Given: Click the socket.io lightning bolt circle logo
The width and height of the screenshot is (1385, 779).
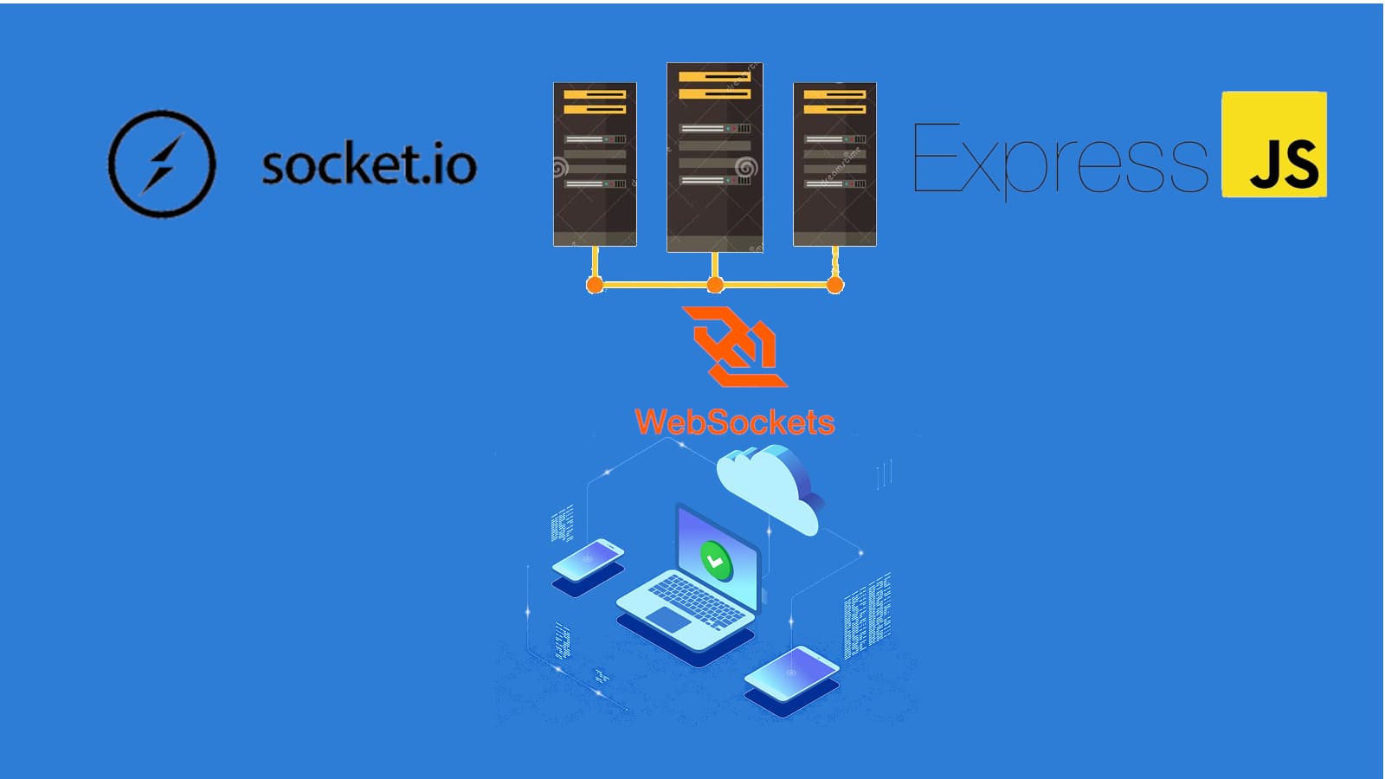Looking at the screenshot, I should (161, 164).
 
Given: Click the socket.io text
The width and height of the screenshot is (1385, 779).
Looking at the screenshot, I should (369, 164).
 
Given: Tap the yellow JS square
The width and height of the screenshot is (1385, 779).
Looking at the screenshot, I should (1273, 145).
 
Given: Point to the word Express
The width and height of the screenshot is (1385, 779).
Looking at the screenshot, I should (1060, 159).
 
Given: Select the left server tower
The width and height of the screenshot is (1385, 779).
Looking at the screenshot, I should (595, 164).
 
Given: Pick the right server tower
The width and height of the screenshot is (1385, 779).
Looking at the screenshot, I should (834, 164).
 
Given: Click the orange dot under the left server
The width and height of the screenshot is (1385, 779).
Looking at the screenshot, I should (595, 285).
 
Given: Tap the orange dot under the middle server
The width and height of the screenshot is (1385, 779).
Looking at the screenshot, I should (715, 285).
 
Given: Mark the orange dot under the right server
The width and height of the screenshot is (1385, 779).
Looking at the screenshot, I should (834, 285).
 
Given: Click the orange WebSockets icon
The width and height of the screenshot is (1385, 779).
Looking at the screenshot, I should (734, 345).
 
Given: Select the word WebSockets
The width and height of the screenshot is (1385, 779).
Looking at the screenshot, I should (734, 422).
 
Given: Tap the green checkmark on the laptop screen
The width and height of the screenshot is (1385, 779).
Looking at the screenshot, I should (716, 562).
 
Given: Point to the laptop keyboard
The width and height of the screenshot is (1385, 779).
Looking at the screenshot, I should (696, 599).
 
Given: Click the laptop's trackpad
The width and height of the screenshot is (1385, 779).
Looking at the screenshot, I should (668, 618).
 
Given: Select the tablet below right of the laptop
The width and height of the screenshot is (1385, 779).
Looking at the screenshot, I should (791, 674).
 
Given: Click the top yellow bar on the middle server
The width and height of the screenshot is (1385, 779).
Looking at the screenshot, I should (714, 77).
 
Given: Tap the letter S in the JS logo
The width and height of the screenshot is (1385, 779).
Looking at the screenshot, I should (1299, 164).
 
